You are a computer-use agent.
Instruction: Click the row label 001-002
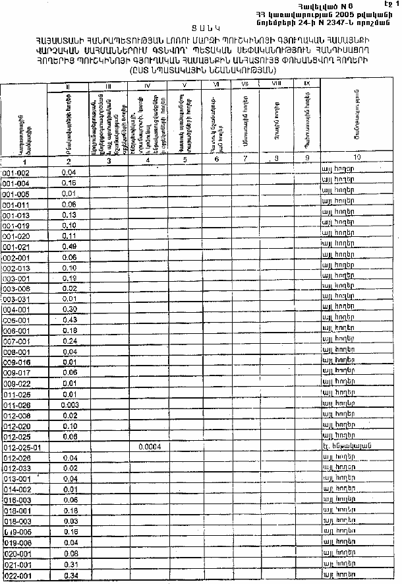16,172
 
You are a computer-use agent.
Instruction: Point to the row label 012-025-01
22,447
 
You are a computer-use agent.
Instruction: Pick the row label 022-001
16,576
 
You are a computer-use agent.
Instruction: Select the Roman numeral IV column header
148,86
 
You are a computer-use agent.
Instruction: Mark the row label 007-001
16,341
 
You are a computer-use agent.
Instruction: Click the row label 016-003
16,500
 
